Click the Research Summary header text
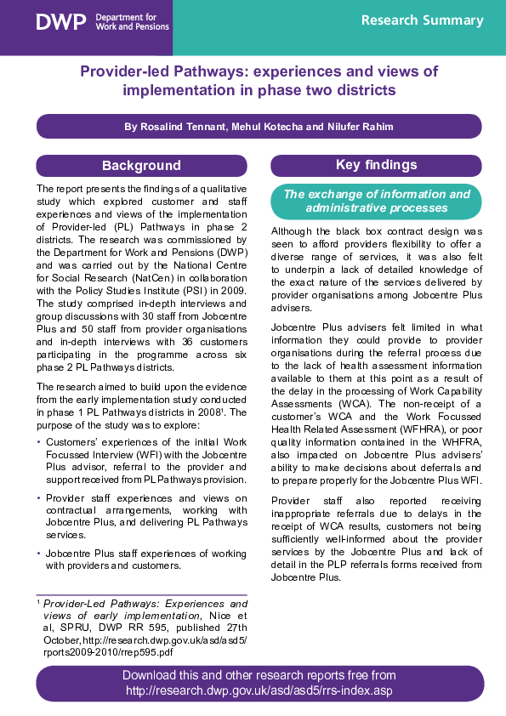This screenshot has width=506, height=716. pyautogui.click(x=422, y=20)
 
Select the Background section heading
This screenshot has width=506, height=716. pyautogui.click(x=141, y=165)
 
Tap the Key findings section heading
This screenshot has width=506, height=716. pyautogui.click(x=375, y=165)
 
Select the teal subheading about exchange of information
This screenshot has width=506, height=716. pyautogui.click(x=375, y=201)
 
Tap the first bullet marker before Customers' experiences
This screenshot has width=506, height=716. pyautogui.click(x=38, y=443)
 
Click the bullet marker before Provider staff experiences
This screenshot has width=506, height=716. pyautogui.click(x=38, y=498)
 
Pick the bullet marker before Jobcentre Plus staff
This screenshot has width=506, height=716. pyautogui.click(x=38, y=554)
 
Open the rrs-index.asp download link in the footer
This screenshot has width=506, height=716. pyautogui.click(x=259, y=691)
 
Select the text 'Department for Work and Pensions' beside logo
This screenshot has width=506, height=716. pyautogui.click(x=132, y=22)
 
